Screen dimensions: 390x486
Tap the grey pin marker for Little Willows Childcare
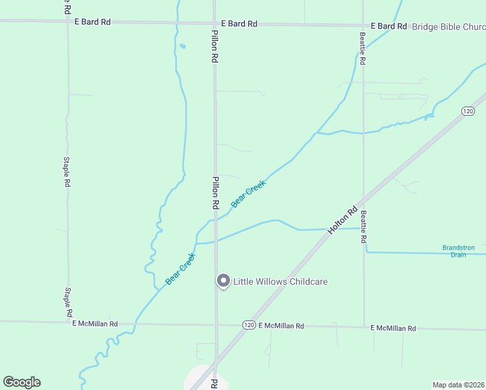[223, 281]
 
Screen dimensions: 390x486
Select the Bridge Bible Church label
[448, 27]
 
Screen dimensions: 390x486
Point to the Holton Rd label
[343, 220]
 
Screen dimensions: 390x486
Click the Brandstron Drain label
[459, 251]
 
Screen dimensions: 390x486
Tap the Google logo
[21, 382]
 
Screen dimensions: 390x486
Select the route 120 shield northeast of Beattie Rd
[468, 111]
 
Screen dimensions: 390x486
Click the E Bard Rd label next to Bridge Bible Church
[389, 26]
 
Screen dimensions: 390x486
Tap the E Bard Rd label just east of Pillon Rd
[239, 23]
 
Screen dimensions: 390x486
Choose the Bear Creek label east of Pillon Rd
[248, 194]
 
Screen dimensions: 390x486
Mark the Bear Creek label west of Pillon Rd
[180, 268]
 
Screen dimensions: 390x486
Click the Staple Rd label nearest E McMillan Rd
[68, 303]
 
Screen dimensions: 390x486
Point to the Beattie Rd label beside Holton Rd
[364, 227]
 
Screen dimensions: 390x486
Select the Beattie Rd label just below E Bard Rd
[363, 49]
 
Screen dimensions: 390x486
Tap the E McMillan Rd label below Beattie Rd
[393, 328]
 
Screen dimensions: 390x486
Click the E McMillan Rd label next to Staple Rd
[95, 323]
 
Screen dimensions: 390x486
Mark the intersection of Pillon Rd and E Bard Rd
[215, 23]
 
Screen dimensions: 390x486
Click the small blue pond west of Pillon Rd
[183, 46]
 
